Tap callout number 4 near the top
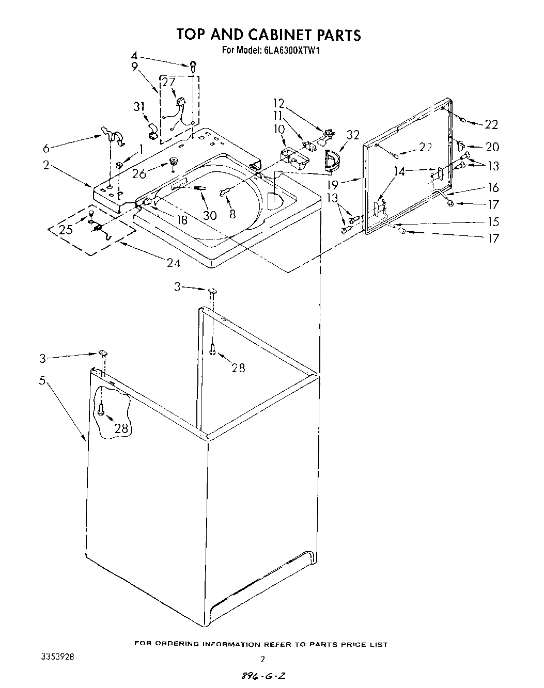pos(134,56)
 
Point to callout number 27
pos(169,83)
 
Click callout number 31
pos(138,106)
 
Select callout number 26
pos(139,174)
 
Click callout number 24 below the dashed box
pos(173,263)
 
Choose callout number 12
pos(279,103)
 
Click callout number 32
pos(353,135)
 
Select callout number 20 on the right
pos(492,147)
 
